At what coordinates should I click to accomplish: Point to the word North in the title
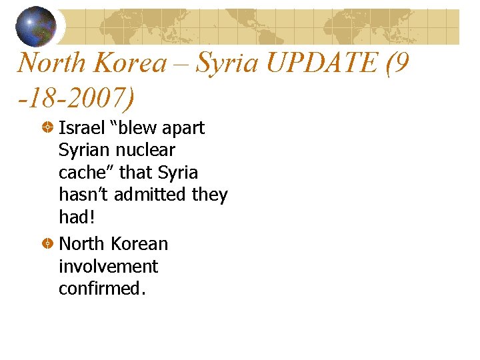coord(51,63)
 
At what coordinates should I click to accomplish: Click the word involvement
coord(108,267)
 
